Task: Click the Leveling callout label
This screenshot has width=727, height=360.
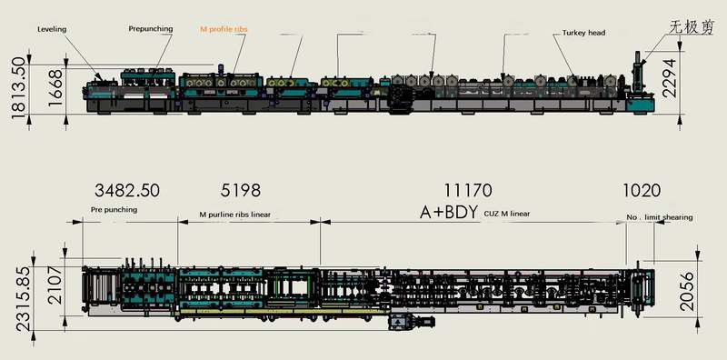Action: click(x=52, y=29)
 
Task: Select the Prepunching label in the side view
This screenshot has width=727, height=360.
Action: click(x=151, y=29)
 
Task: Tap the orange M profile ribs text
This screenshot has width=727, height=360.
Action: click(x=224, y=29)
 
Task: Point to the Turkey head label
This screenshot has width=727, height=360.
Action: click(x=583, y=33)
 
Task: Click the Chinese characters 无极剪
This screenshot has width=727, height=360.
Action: click(x=691, y=27)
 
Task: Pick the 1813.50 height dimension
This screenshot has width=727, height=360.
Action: click(x=19, y=87)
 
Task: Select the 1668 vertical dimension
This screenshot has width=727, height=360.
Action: click(x=55, y=87)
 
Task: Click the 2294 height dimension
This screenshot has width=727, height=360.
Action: click(x=669, y=78)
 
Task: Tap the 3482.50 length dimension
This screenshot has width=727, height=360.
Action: click(x=127, y=190)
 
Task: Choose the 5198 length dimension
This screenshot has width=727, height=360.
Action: click(x=240, y=190)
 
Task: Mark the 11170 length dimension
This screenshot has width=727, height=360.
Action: click(x=468, y=190)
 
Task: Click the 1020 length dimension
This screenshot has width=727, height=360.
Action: click(x=642, y=190)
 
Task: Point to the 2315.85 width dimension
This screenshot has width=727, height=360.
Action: click(x=24, y=298)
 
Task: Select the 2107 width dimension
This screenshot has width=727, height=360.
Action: click(x=55, y=285)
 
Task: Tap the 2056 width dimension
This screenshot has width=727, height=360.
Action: click(x=687, y=291)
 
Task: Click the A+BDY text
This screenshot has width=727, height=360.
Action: click(x=449, y=212)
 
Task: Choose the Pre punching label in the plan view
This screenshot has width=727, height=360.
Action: click(x=115, y=210)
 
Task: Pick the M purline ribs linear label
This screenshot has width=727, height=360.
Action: click(x=235, y=215)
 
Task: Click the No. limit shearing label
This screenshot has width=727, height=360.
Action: click(x=660, y=217)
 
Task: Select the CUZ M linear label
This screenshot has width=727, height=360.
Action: click(x=507, y=214)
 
